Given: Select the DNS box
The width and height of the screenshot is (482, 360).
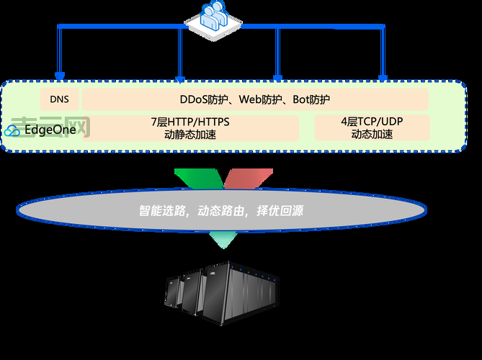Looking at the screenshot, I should coord(59,99).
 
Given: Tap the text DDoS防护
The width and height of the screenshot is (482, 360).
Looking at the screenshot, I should coord(205,99).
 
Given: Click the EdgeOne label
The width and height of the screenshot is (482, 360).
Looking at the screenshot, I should coord(50,130).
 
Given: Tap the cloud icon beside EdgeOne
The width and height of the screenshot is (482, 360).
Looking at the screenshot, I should coord(13,131).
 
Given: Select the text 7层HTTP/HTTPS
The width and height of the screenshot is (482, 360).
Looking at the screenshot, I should coord(190,122).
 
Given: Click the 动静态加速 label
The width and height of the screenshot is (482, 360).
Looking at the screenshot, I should coord(190,134).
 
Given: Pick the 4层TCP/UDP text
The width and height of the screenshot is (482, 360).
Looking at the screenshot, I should coord(372,122).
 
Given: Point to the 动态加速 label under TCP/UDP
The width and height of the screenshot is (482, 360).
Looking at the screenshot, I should coord(372,134).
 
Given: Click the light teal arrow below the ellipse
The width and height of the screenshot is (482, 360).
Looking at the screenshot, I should coord(223,240).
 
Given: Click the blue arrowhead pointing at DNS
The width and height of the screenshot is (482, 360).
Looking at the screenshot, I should coord(59,75).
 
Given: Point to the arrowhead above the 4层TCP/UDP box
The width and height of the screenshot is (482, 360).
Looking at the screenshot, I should coord(383,76).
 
